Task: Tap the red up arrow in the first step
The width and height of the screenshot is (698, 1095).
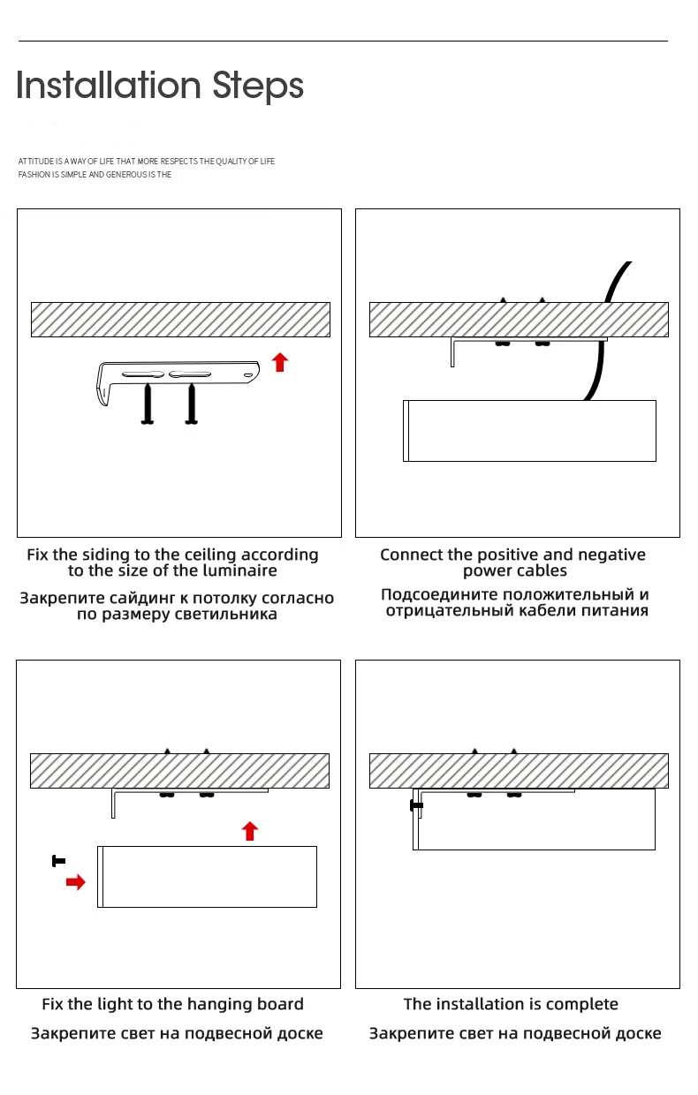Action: (x=280, y=362)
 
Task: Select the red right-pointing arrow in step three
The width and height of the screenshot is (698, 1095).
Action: (x=76, y=881)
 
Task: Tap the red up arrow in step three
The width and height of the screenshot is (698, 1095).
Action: (x=250, y=830)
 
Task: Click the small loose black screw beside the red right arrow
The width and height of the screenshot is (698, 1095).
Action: (x=58, y=860)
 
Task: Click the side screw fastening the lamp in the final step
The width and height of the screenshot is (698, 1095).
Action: (x=415, y=805)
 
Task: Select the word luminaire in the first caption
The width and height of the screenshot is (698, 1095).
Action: (x=236, y=570)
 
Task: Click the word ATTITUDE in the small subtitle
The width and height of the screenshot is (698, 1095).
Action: (x=36, y=162)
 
